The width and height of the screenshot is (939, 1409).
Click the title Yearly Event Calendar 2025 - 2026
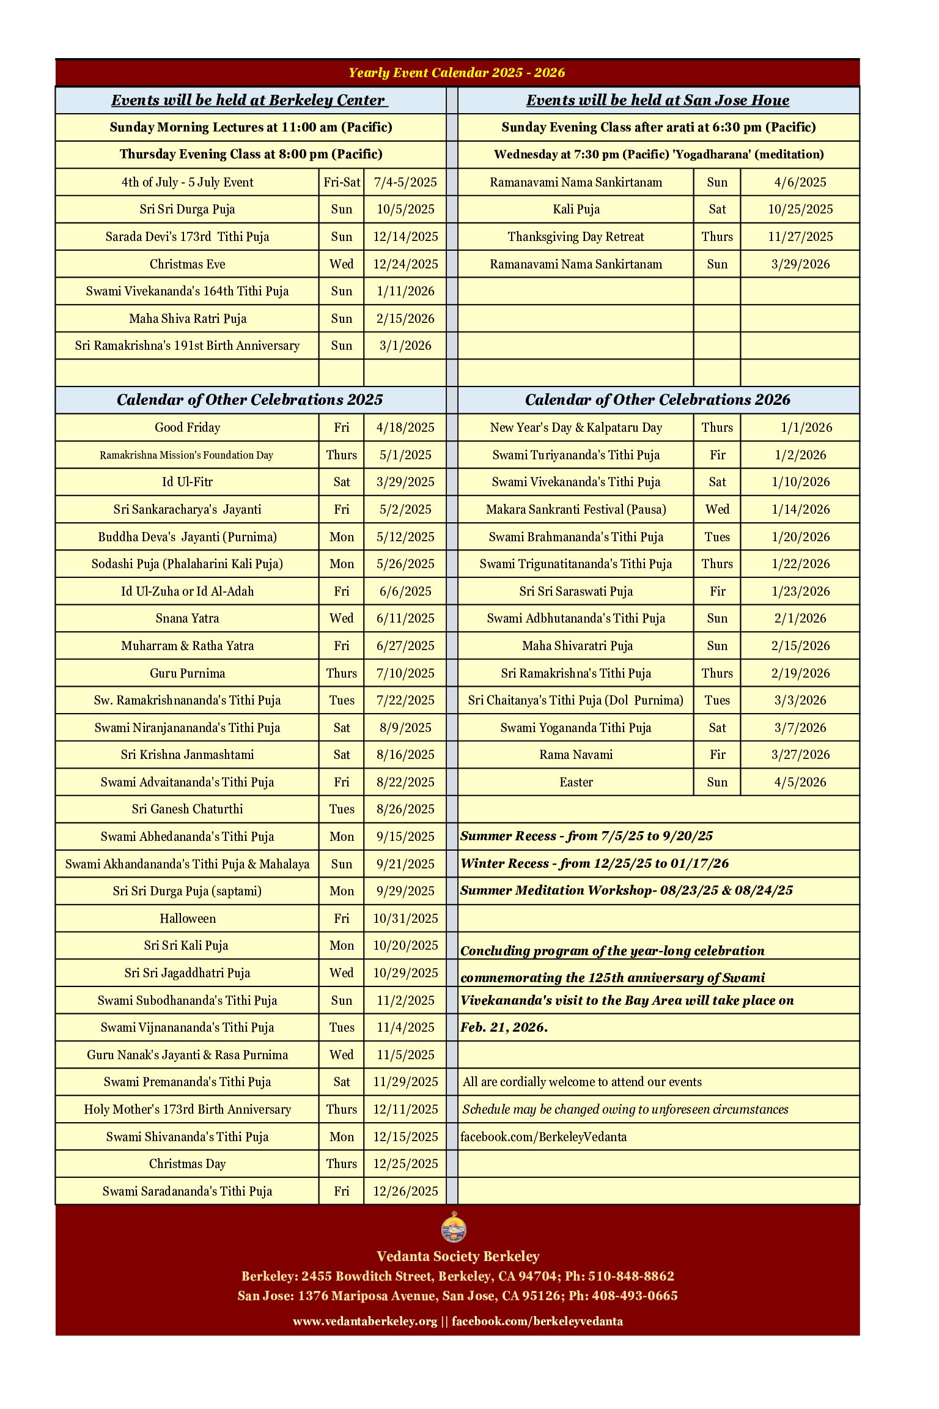(456, 73)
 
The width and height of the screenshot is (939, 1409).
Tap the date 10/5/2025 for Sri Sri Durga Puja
(405, 209)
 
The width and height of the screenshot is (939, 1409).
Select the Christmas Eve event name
(187, 264)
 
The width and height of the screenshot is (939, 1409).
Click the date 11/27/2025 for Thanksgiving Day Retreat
(800, 237)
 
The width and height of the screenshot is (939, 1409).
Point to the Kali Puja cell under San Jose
(576, 209)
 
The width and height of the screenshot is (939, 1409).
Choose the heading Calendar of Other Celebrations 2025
(249, 400)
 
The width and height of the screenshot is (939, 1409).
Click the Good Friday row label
(187, 427)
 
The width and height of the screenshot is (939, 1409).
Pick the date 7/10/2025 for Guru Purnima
(405, 673)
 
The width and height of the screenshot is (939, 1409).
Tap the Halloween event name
(187, 919)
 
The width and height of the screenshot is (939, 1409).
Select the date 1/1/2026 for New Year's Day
(806, 427)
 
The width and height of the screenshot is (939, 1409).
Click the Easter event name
(576, 782)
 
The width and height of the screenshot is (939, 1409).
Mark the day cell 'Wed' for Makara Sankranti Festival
(716, 509)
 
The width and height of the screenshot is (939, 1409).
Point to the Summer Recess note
(586, 836)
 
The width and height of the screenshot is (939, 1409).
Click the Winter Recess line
(594, 864)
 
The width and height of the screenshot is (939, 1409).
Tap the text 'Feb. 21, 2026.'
(504, 1027)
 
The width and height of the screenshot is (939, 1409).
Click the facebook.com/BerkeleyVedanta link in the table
(543, 1137)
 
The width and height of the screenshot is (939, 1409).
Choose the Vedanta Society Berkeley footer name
(457, 1257)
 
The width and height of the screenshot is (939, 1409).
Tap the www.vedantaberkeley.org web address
(365, 1321)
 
